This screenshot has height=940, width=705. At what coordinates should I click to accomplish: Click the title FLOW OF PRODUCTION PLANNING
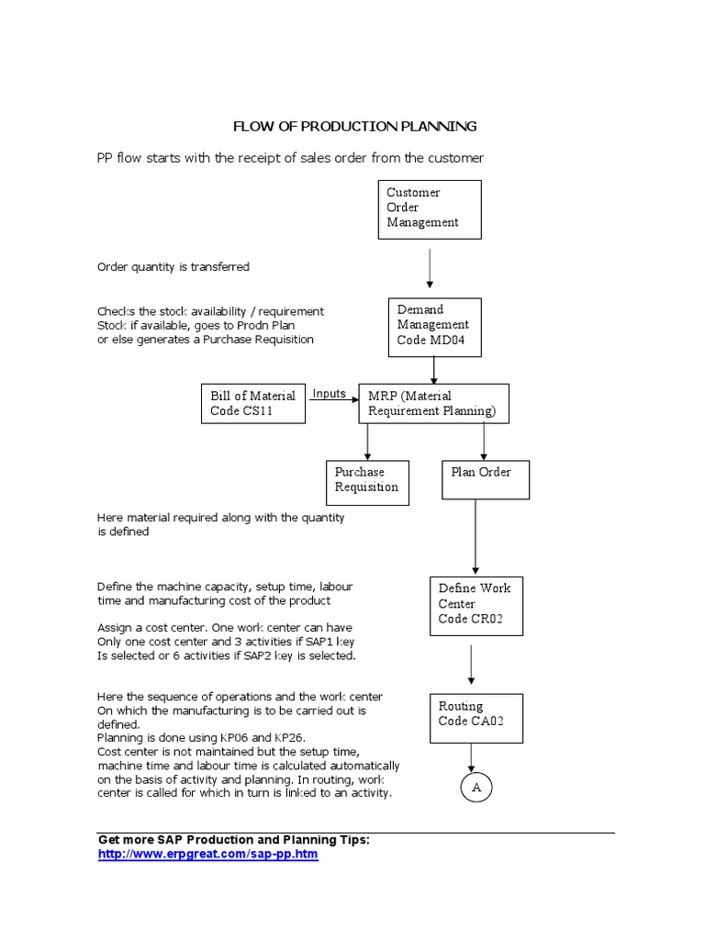coord(353,126)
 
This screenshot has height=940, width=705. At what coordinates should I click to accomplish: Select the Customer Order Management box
coord(430,208)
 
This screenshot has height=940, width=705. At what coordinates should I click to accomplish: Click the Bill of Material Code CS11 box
coord(252,404)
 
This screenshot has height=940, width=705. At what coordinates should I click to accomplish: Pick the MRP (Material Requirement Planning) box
coord(432,404)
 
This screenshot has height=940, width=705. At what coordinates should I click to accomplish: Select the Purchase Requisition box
coord(367,481)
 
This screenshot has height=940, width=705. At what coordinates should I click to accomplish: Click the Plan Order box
coord(485,478)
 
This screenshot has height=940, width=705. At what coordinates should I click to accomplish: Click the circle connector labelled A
coord(475,787)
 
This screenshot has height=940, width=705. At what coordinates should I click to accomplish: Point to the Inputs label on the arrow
coord(329,394)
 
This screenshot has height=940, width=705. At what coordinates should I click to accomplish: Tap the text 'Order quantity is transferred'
coord(173,267)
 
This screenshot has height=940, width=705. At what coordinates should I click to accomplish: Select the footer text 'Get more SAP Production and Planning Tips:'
coord(233,840)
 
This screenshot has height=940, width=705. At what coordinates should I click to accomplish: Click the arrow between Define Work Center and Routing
coord(471,664)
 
